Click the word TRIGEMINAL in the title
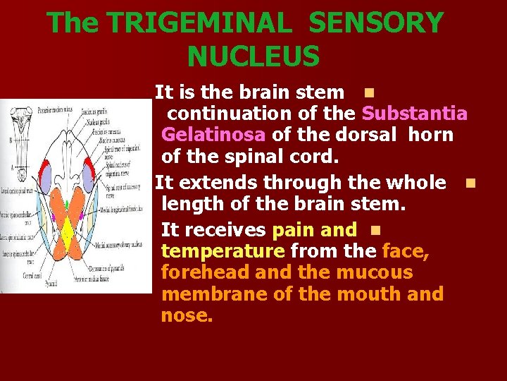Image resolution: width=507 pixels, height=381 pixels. click(199, 24)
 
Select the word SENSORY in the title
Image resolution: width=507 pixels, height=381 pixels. click(376, 24)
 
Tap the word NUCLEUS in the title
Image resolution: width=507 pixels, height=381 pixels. click(254, 56)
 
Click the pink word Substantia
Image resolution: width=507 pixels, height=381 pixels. click(414, 114)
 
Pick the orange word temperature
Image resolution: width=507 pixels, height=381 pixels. click(223, 250)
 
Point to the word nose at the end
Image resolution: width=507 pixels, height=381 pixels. click(186, 315)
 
